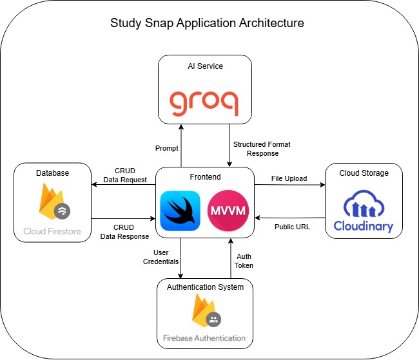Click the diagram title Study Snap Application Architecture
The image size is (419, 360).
coord(207,23)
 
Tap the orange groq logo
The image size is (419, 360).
coord(204,103)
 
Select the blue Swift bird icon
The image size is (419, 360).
coord(180,211)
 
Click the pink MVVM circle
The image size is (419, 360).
coord(228,211)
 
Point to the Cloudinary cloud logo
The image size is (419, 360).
coord(364,211)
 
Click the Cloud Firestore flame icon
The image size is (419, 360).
coord(55,202)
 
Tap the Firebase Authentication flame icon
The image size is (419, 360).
coord(206,310)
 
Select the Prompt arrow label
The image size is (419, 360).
coord(166,148)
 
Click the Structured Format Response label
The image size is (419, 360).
coord(262,149)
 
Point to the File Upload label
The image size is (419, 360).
coord(289,178)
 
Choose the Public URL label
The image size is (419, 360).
coord(292,227)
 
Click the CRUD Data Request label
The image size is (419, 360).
coord(125,175)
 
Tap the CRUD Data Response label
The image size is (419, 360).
coord(124,232)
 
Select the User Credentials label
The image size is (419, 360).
coord(161,257)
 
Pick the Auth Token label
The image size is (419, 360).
coord(244,261)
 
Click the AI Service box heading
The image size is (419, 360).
coord(205,66)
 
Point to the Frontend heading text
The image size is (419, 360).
coord(205,177)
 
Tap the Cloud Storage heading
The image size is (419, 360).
coord(364,173)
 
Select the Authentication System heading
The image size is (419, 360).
coord(205,287)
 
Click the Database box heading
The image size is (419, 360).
coord(52,173)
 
